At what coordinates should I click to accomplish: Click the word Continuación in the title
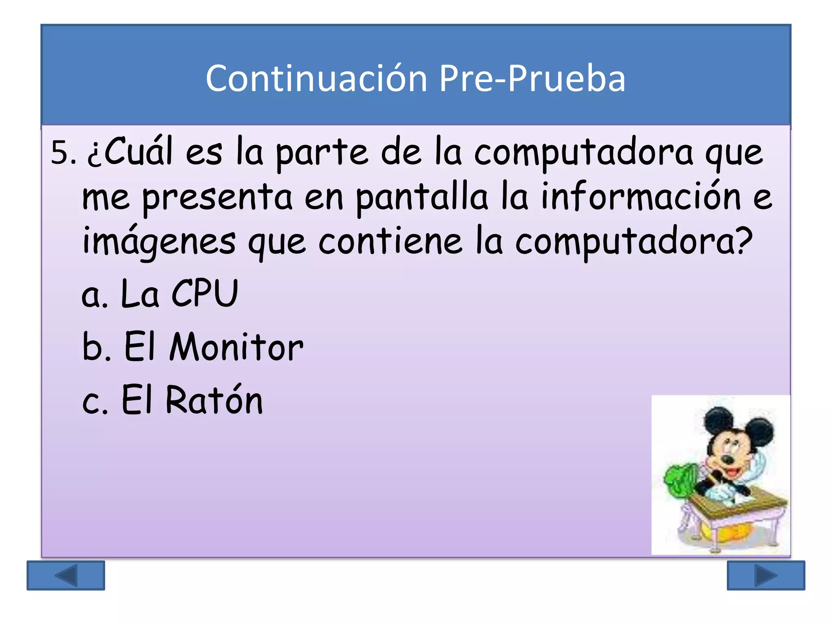[316, 78]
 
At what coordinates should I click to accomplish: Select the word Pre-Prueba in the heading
[532, 78]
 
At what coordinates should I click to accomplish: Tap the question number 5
[63, 153]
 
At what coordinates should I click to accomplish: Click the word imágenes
[159, 242]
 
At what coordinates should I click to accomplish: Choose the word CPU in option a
[204, 293]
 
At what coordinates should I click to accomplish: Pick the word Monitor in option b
[236, 347]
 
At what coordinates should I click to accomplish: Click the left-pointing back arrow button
[66, 575]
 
